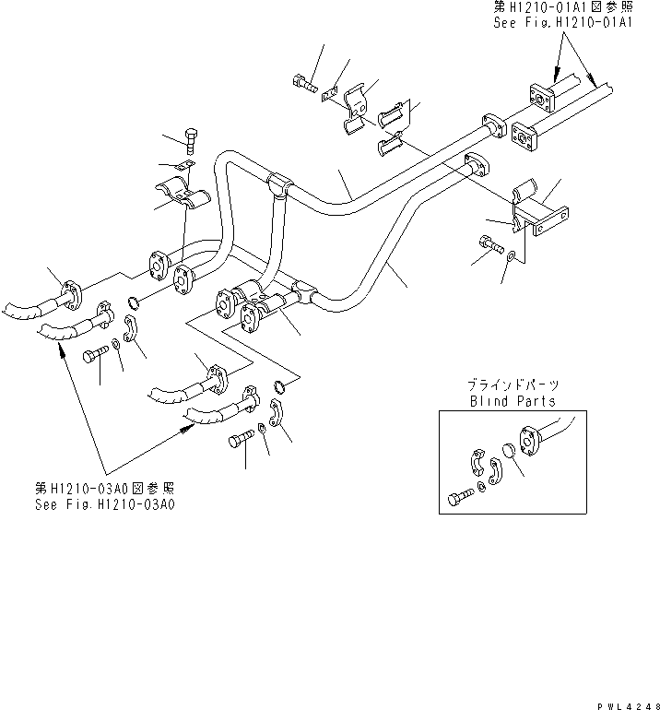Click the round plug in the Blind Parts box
click(x=506, y=454)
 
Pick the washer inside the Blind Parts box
click(x=485, y=484)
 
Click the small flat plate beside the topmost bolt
click(x=329, y=93)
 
